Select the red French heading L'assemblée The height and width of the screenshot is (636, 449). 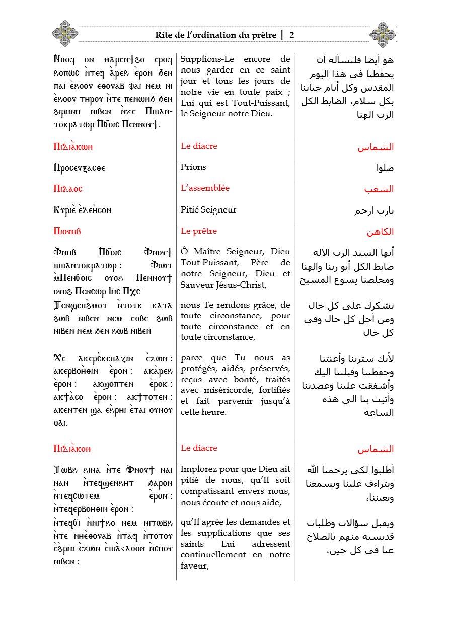[205, 188]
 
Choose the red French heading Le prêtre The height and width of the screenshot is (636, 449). [199, 231]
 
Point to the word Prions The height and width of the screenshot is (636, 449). [193, 167]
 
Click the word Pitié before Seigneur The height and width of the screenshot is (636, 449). [192, 209]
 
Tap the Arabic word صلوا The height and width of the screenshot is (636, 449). [384, 168]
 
